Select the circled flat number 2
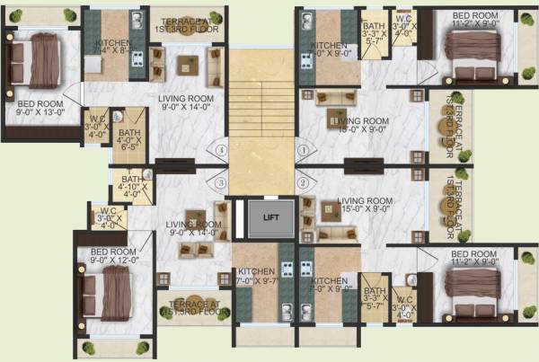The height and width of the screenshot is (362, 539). coord(304,183)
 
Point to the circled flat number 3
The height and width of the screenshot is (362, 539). coord(219,183)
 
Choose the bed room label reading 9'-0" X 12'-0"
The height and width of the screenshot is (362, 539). coord(112,257)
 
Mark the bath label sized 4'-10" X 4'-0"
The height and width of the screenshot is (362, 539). coord(129,187)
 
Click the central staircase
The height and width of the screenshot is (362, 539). coord(261,108)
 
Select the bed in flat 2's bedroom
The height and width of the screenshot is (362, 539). coord(468,296)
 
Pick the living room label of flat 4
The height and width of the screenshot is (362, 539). coord(185,103)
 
